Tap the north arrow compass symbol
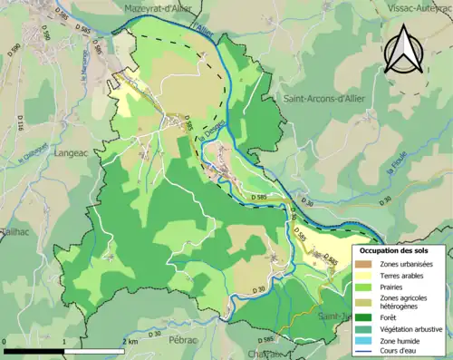pyautogui.click(x=405, y=49)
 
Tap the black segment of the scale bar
pyautogui.click(x=34, y=349)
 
